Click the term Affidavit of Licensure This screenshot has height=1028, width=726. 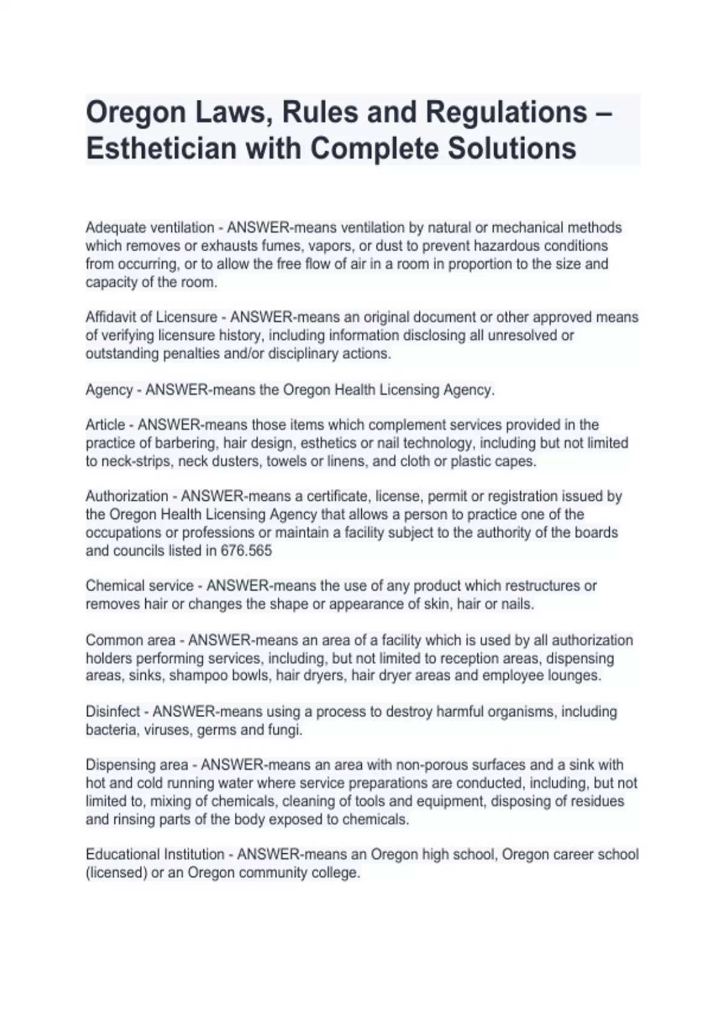pos(151,317)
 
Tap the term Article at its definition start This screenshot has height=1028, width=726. pos(105,425)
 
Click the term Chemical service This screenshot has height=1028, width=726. pos(140,586)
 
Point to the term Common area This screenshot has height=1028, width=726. pos(131,640)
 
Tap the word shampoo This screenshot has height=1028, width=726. pos(194,676)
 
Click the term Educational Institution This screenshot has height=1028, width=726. pos(155,854)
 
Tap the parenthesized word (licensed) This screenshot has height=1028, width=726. pos(117,873)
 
